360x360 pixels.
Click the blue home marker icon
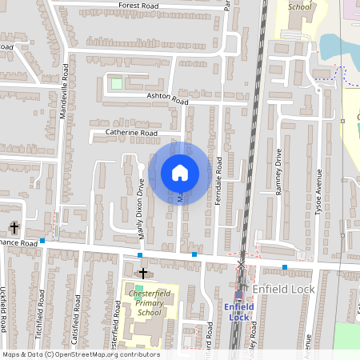click(x=180, y=172)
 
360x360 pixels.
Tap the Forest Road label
click(x=138, y=5)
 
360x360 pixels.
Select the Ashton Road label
click(x=166, y=99)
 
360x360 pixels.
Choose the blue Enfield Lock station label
click(x=238, y=311)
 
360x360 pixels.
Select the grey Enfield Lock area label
click(x=284, y=288)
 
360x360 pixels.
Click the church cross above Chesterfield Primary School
click(x=143, y=274)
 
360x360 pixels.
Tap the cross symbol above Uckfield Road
click(x=14, y=228)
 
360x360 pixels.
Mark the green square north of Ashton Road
click(x=117, y=82)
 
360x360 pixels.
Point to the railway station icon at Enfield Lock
click(x=238, y=294)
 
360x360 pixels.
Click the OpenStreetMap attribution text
click(x=80, y=354)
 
